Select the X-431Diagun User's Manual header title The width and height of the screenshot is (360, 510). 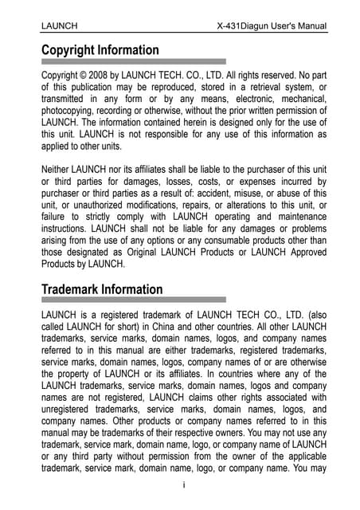272,26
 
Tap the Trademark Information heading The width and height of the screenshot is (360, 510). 102,289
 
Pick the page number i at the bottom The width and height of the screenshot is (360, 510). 184,484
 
